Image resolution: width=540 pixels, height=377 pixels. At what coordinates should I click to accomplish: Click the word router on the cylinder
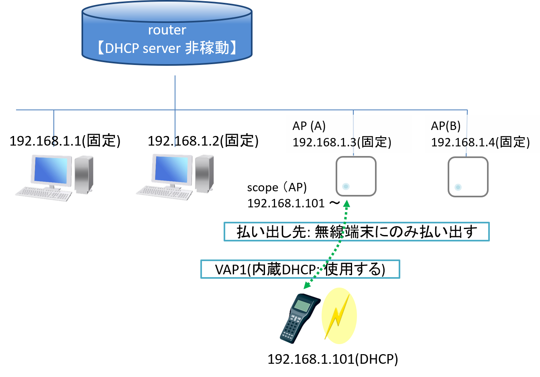[x=167, y=30]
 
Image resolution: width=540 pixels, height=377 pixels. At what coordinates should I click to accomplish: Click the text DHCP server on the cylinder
[x=143, y=49]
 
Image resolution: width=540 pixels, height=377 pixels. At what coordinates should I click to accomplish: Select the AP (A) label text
[x=309, y=126]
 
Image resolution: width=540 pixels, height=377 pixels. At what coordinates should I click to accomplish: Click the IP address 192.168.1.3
[x=324, y=142]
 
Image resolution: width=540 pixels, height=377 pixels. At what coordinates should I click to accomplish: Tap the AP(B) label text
[x=446, y=126]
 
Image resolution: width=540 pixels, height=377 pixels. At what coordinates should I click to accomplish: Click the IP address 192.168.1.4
[x=463, y=142]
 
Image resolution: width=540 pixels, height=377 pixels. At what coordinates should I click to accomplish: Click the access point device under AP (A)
[x=356, y=176]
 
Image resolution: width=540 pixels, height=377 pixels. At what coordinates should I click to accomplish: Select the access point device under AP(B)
[x=468, y=177]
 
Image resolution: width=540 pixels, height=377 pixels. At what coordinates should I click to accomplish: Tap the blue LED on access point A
[x=346, y=186]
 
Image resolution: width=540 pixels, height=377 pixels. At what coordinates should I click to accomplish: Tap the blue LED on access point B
[x=458, y=187]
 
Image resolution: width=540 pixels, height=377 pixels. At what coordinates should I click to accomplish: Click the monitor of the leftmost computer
[x=51, y=170]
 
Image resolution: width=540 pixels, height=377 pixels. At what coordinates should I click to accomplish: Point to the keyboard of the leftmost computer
[x=43, y=194]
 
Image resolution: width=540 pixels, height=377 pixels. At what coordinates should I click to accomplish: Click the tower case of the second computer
[x=204, y=173]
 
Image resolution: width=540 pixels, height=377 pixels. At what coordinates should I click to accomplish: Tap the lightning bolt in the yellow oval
[x=338, y=316]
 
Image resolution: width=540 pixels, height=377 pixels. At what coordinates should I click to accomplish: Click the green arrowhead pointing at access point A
[x=346, y=204]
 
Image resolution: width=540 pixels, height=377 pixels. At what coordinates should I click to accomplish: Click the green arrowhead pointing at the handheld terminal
[x=307, y=285]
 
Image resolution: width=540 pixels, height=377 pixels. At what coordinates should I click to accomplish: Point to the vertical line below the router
[x=175, y=92]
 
